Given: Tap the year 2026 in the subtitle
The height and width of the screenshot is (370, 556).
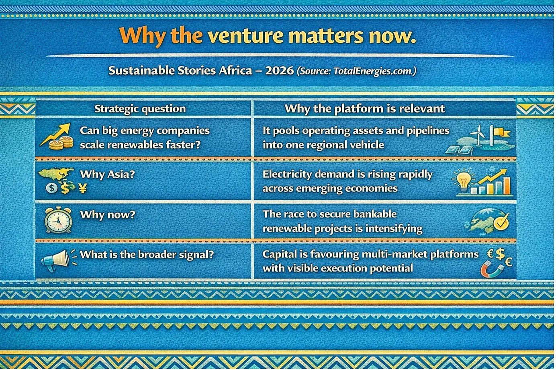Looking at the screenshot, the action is coord(279,71).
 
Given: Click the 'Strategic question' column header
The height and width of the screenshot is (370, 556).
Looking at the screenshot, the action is coord(140,109).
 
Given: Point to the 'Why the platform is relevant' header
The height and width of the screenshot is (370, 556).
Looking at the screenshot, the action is coord(365,109).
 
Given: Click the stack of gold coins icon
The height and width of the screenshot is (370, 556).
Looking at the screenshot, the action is coord(61,143).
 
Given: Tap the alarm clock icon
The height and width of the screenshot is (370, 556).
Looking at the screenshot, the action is coord(58,220).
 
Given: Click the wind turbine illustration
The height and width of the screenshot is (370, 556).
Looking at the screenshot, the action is coord(478,136).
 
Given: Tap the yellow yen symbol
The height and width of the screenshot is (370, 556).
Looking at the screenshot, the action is coord(83,189).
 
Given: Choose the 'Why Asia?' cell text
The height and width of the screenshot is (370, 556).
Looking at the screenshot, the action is coord(107,174).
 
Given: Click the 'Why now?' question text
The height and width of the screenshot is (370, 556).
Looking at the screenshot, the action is coord(108,215).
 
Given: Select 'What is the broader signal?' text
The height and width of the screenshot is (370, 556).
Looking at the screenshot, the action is coord(147,255).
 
